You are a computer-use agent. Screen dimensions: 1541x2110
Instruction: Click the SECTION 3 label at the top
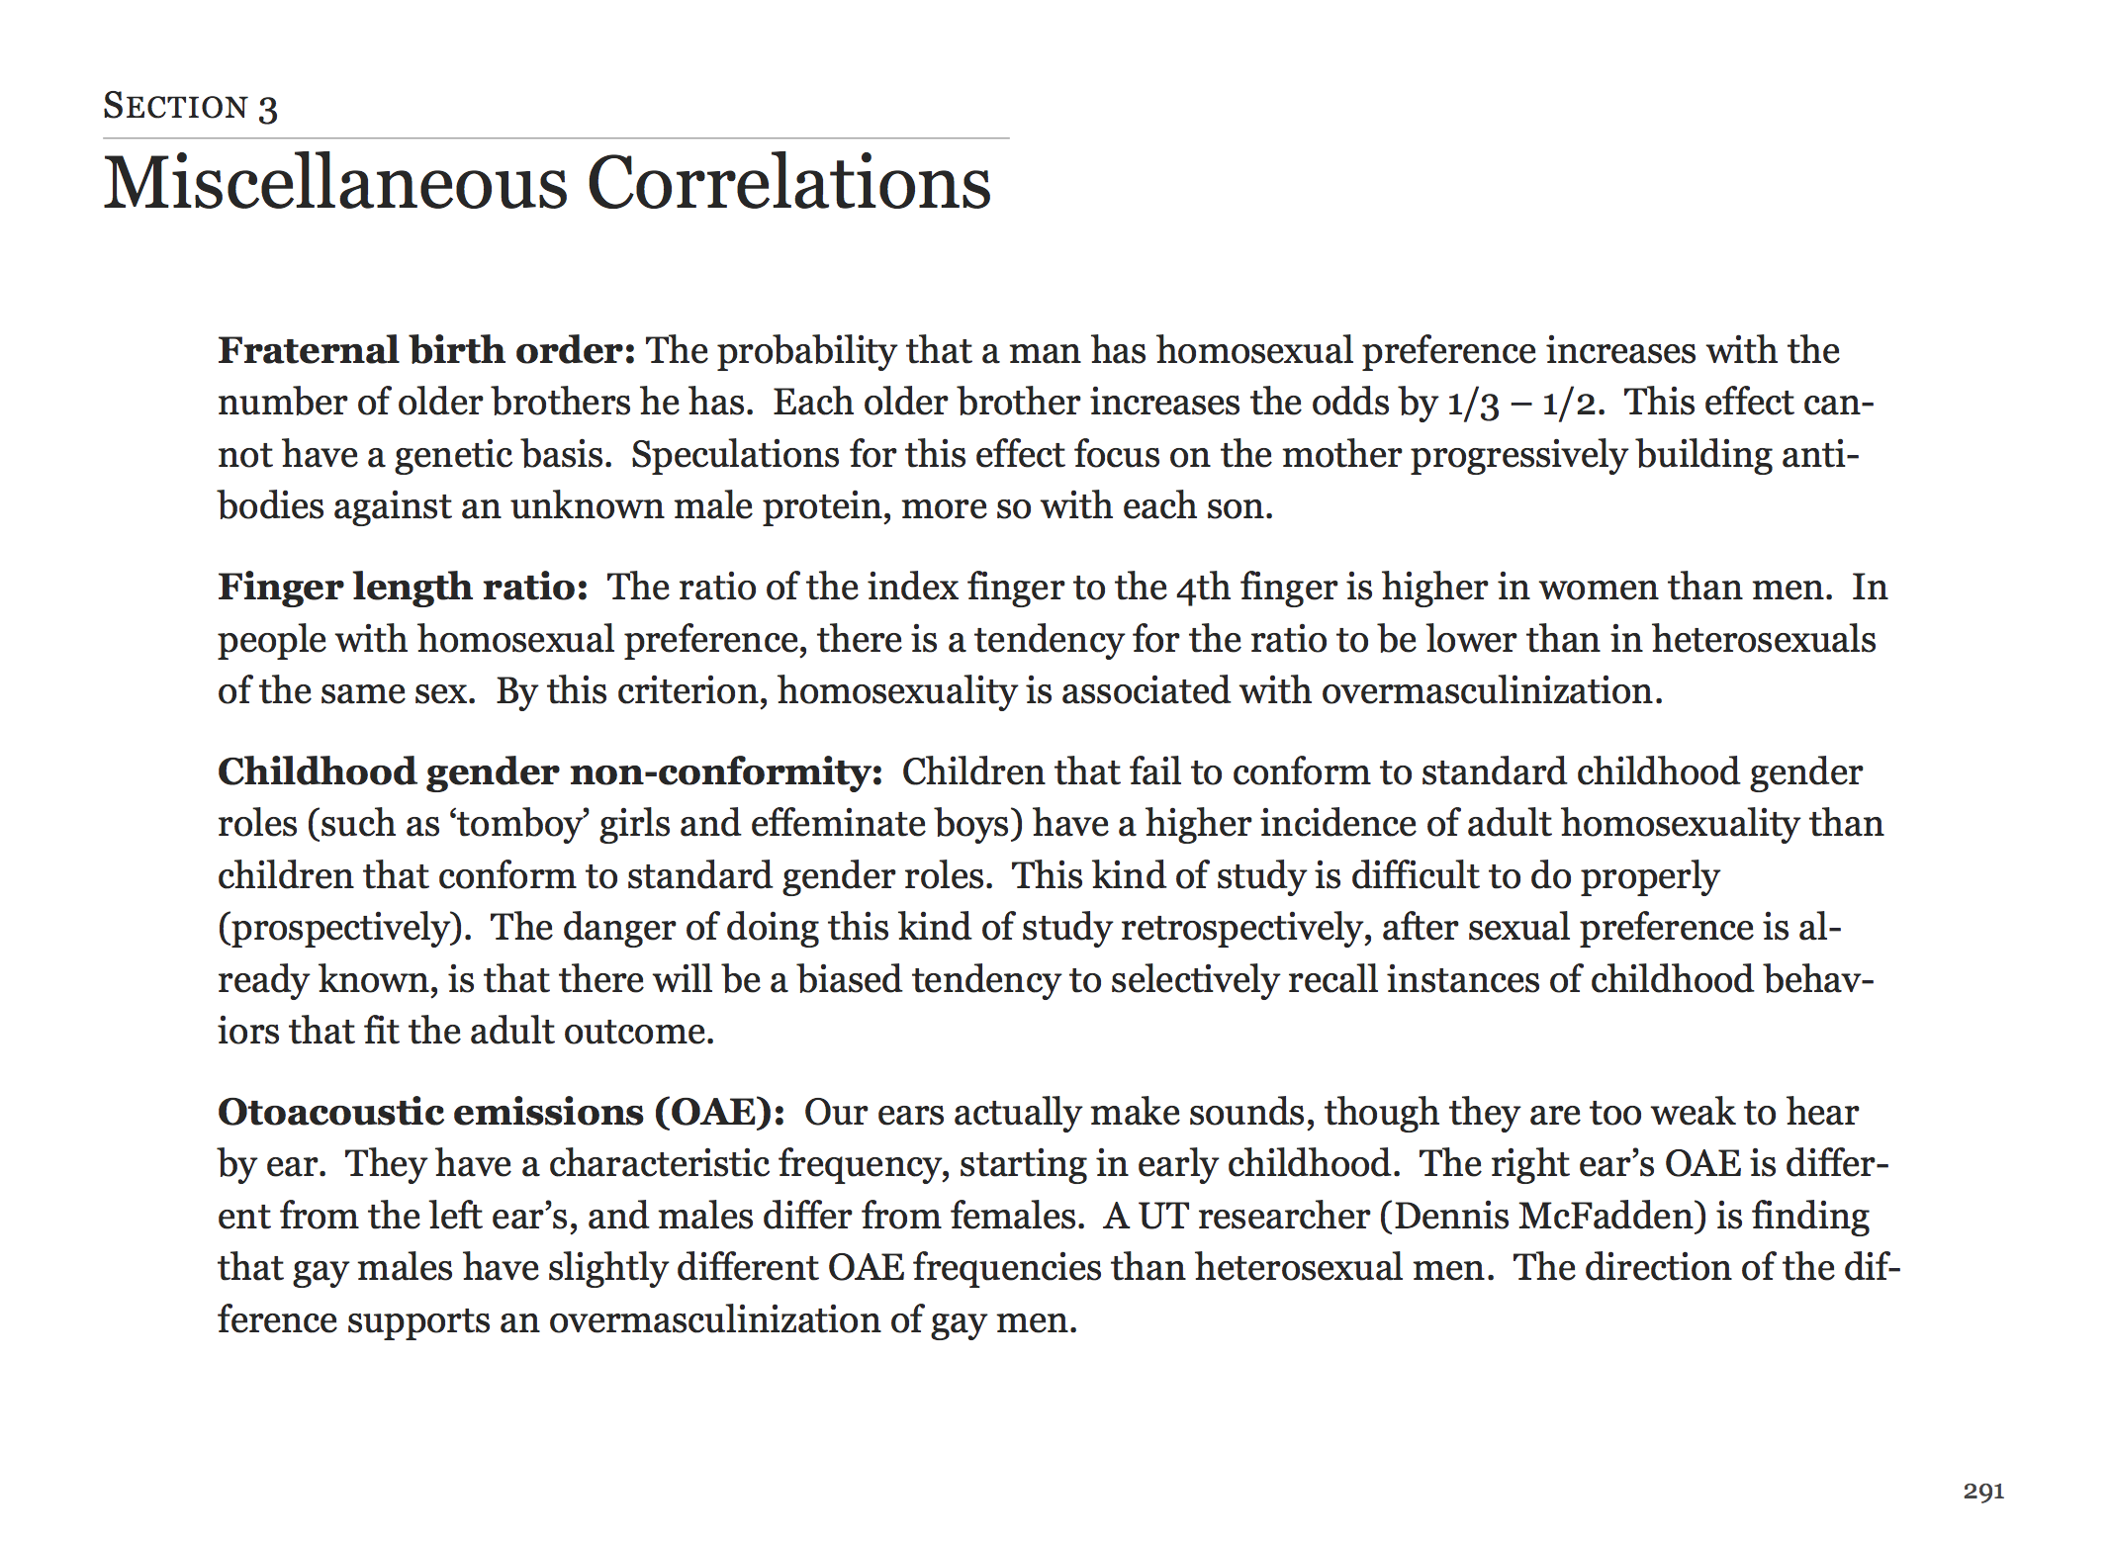coord(190,107)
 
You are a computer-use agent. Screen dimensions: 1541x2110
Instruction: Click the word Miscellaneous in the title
coord(335,184)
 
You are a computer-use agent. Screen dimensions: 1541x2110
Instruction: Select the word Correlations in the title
coord(788,184)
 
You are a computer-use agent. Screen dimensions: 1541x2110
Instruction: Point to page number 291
coord(1983,1492)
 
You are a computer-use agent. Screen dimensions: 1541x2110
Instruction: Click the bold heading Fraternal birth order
coord(425,351)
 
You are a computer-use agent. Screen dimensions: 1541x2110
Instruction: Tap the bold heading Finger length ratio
coord(403,588)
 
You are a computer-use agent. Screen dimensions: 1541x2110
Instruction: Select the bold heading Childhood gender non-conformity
coord(549,772)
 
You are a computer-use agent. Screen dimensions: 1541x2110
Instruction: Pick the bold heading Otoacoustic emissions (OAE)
coord(501,1113)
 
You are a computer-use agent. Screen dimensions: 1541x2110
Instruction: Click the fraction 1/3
coord(1473,404)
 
